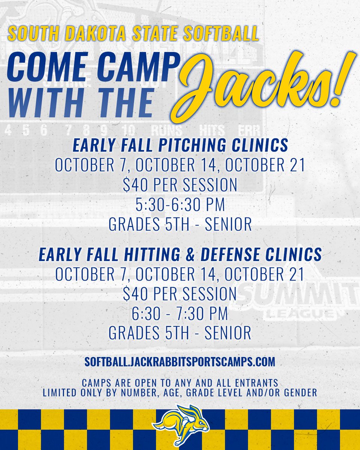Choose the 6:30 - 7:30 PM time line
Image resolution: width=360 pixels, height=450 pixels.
180,314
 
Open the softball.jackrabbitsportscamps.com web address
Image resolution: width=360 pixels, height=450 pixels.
180,361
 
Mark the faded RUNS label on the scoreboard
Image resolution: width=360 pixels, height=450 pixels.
166,130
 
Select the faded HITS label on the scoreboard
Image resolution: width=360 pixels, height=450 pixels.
212,130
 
